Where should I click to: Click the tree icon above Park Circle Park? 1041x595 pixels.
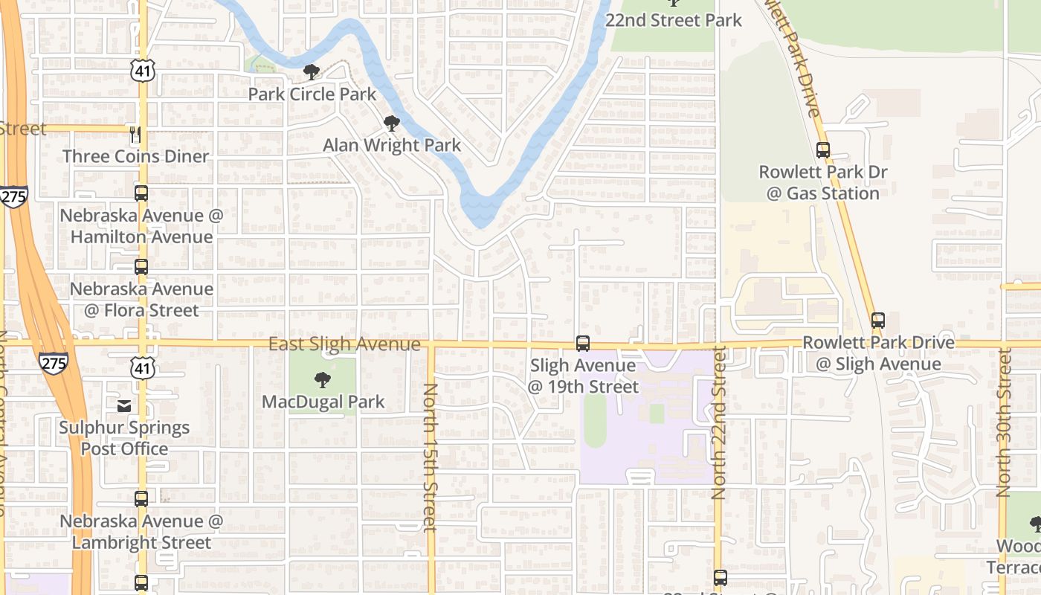[312, 72]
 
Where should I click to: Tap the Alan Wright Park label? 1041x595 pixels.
[392, 145]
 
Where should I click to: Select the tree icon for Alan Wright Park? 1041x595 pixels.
[391, 123]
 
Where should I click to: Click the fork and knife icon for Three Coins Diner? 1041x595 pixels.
[135, 135]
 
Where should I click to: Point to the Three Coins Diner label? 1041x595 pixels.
[135, 156]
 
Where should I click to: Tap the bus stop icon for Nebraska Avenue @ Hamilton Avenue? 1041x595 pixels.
[141, 193]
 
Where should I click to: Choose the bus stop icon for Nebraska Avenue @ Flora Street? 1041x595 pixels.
[141, 267]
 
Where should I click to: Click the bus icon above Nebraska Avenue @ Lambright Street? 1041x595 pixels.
[141, 499]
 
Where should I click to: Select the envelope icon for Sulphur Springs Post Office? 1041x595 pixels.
[124, 405]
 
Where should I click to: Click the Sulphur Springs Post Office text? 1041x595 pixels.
[124, 438]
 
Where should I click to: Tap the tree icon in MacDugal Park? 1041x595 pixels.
[323, 381]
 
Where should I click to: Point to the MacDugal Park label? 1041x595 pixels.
[323, 402]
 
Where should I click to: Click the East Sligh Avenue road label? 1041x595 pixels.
[344, 344]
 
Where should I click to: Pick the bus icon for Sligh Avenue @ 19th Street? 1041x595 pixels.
[583, 344]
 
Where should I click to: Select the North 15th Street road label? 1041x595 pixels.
[430, 457]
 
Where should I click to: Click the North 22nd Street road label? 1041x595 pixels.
[718, 422]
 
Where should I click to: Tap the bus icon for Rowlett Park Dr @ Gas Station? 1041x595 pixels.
[823, 149]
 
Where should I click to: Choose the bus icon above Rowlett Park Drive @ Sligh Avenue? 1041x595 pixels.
[878, 321]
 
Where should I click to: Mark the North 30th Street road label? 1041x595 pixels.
[1004, 422]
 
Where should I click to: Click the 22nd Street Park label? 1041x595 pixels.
[674, 20]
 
